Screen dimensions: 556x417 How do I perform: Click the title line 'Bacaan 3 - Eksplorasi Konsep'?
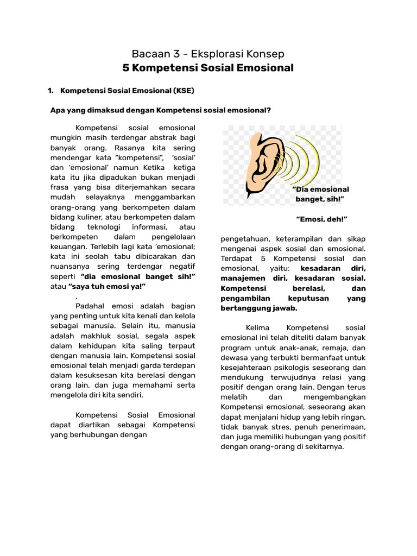coord(208,54)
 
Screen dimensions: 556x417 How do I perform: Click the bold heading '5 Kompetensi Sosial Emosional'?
coord(208,68)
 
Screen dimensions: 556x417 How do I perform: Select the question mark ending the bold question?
coord(268,110)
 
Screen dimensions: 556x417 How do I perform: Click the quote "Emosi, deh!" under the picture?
coord(321,219)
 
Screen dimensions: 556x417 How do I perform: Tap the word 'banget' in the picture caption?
coord(309,200)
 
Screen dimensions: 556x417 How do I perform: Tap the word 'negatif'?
coord(181,266)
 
